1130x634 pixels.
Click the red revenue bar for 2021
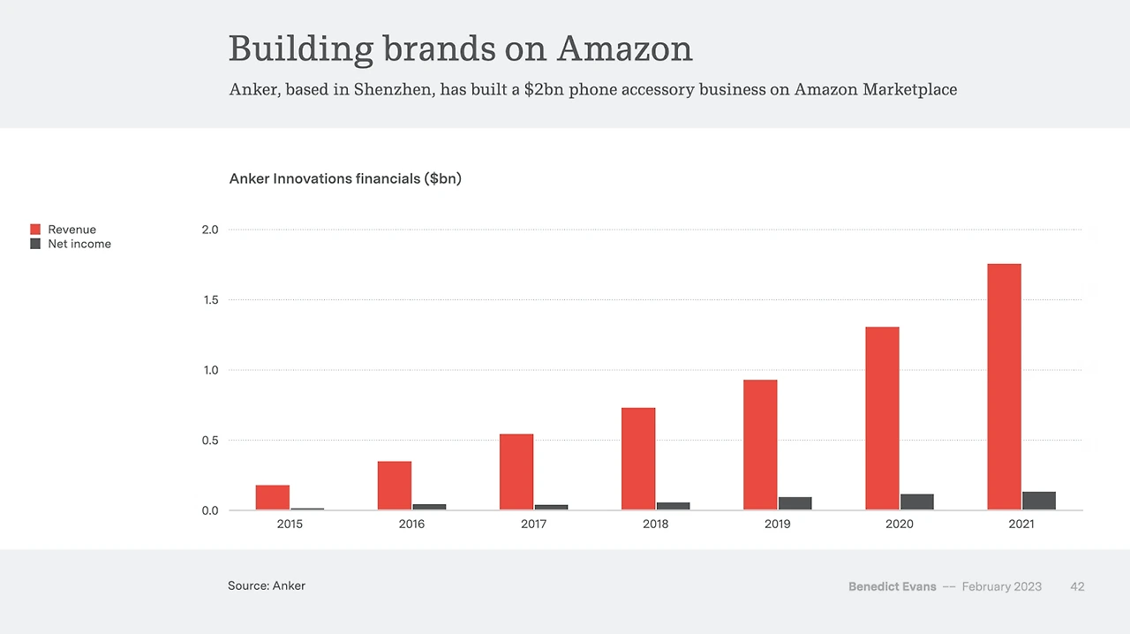(x=1004, y=387)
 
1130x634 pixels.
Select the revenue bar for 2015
(x=273, y=498)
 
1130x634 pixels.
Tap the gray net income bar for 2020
(x=916, y=502)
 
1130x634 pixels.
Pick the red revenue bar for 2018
(x=638, y=459)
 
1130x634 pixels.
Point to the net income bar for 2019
(x=795, y=503)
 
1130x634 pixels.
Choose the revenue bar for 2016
(x=395, y=486)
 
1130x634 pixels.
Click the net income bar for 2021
(x=1039, y=501)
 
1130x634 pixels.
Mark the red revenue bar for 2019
(x=760, y=445)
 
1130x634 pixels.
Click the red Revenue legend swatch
(x=35, y=230)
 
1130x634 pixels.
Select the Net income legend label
(x=79, y=244)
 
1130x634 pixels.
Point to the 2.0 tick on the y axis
(x=210, y=230)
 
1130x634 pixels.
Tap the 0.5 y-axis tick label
(x=210, y=441)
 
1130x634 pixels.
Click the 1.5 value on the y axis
(x=210, y=300)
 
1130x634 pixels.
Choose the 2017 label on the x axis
(x=533, y=524)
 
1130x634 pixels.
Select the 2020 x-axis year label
(x=900, y=524)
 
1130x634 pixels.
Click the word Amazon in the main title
(x=624, y=49)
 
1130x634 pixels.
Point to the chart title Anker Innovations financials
(x=345, y=178)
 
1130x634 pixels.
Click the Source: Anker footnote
(x=267, y=585)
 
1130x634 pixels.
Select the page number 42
(x=1077, y=586)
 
